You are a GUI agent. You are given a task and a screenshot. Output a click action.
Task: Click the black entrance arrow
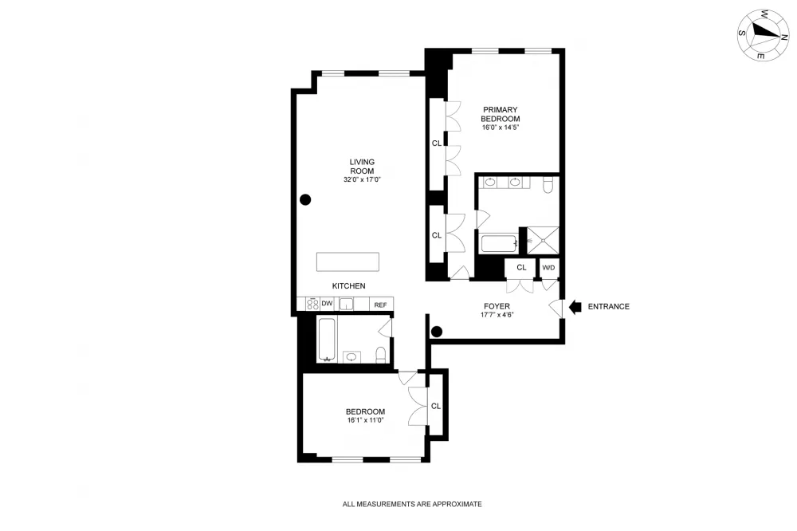[x=575, y=307]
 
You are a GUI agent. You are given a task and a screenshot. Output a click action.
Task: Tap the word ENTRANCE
[x=608, y=307]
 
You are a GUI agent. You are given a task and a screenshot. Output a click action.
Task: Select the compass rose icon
[x=763, y=35]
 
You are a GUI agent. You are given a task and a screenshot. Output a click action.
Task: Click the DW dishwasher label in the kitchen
[x=327, y=304]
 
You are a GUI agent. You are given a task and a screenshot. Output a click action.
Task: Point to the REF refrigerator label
[x=380, y=305]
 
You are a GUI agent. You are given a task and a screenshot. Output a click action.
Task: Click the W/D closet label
[x=548, y=268]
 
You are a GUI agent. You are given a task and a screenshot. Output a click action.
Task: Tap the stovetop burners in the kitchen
[x=312, y=304]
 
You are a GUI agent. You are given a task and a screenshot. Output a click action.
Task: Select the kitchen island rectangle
[x=347, y=262]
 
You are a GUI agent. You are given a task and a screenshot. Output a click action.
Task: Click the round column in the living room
[x=305, y=199]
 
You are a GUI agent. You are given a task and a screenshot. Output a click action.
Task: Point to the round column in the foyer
[x=437, y=332]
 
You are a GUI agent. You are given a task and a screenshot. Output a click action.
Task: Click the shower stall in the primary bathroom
[x=543, y=240]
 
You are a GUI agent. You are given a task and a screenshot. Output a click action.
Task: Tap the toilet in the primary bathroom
[x=548, y=185]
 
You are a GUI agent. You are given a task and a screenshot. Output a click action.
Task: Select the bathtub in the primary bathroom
[x=499, y=244]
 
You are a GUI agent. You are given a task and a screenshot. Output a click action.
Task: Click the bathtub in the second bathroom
[x=326, y=340]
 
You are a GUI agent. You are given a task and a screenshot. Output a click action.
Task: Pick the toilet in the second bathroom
[x=381, y=355]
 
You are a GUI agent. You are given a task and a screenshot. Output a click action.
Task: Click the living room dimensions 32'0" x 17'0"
[x=362, y=179]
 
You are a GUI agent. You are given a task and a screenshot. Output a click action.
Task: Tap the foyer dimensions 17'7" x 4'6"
[x=497, y=315]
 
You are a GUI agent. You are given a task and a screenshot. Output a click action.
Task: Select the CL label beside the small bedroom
[x=436, y=406]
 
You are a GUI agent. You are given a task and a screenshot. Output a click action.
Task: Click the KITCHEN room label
[x=349, y=286]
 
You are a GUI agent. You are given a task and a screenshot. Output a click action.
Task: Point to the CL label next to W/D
[x=521, y=268]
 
